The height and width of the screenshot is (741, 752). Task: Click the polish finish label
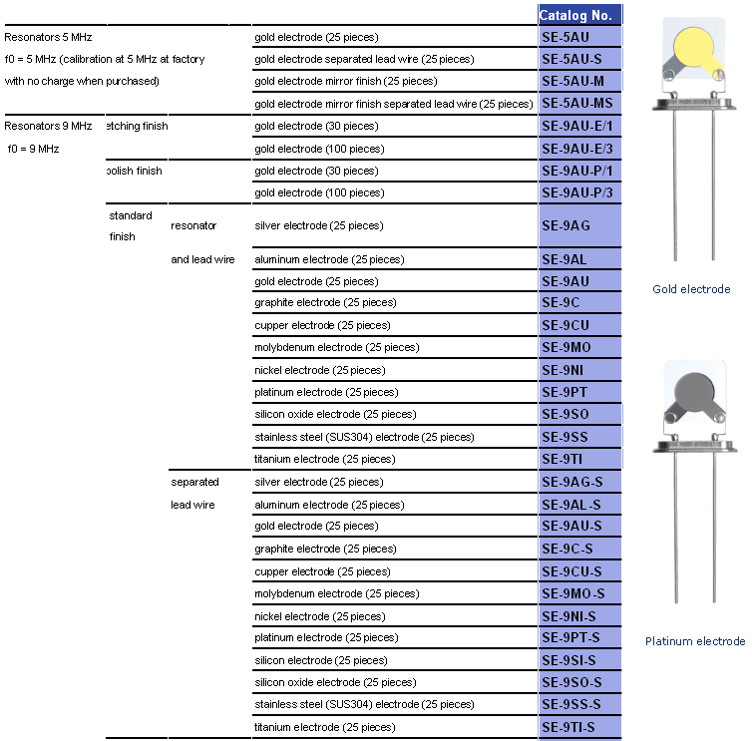[x=134, y=171]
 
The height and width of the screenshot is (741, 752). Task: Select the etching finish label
[x=136, y=127]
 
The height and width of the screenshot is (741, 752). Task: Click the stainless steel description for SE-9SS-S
[x=364, y=704]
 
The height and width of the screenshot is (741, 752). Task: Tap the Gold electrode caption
[x=691, y=289]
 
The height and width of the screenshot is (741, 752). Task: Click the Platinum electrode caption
[x=694, y=641]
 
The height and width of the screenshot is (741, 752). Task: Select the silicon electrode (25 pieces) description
[x=320, y=660]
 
